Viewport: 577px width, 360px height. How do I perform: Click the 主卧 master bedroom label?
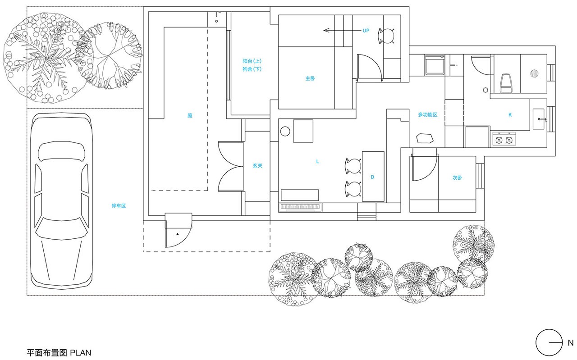pos(310,78)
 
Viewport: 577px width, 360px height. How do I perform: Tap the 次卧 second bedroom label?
pos(457,178)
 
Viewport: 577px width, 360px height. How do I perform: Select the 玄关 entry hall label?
pos(257,165)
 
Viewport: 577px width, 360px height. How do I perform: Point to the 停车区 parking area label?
pos(119,206)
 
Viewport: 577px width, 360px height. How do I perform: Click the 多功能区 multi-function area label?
pos(428,114)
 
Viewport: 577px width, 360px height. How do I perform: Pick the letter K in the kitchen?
pos(510,115)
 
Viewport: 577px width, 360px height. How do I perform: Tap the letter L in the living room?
pos(318,161)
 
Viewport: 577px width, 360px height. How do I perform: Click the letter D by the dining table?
pos(372,177)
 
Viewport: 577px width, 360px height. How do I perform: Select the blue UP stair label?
pos(366,31)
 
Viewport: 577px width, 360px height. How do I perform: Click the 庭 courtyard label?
pos(190,115)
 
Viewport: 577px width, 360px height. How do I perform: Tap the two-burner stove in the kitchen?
pos(504,139)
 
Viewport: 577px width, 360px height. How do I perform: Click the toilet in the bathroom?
pos(505,83)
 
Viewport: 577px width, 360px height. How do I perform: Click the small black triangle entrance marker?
pos(178,234)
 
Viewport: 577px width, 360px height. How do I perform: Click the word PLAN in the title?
pos(81,352)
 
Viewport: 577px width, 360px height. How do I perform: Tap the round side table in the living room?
pos(285,131)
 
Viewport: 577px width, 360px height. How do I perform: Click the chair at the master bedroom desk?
pos(386,36)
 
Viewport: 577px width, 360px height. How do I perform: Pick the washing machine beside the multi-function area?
pos(435,65)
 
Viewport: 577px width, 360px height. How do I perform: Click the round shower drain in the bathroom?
pos(535,73)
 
